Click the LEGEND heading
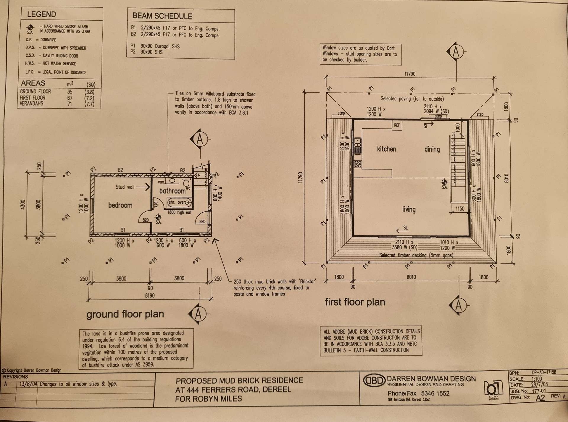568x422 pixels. [x=41, y=14]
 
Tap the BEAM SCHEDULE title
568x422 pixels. [x=162, y=16]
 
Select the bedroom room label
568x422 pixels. [x=120, y=205]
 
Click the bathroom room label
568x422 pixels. [x=172, y=191]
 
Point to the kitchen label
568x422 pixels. [x=386, y=149]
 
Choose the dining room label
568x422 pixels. [x=432, y=149]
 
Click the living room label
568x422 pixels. [x=409, y=209]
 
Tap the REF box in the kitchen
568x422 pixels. [x=397, y=125]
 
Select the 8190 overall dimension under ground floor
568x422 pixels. [x=150, y=295]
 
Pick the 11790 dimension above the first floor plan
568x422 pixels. [x=410, y=74]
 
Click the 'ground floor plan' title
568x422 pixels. [x=125, y=314]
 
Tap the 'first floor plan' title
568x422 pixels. [x=355, y=302]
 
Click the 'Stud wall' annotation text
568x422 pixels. [x=125, y=187]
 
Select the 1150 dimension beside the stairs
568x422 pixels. [x=460, y=209]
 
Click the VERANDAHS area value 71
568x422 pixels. [x=70, y=104]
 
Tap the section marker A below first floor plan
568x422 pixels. [x=458, y=305]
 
